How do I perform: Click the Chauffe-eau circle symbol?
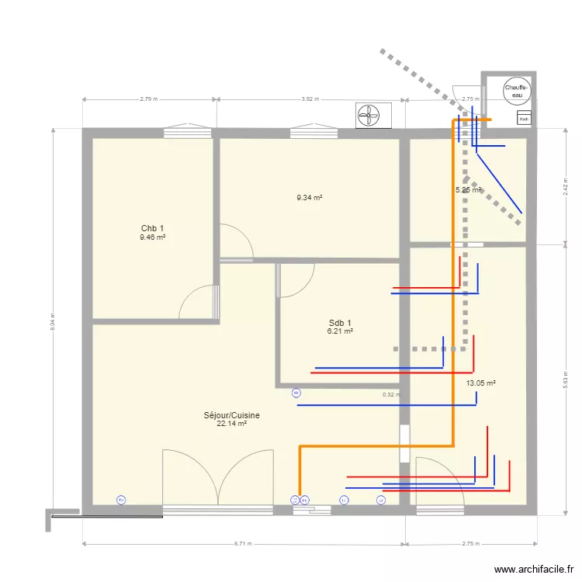click(x=516, y=92)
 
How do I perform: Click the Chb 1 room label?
click(x=152, y=228)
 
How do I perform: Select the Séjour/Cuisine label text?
click(x=232, y=415)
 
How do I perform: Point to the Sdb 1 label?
click(x=340, y=323)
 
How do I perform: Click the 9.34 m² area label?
click(x=309, y=198)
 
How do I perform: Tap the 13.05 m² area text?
click(x=480, y=383)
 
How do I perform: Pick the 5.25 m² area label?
click(x=468, y=189)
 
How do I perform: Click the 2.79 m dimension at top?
click(x=149, y=99)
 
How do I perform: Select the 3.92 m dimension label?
click(x=310, y=99)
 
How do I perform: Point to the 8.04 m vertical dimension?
click(x=53, y=320)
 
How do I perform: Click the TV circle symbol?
click(x=120, y=501)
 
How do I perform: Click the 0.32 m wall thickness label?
click(x=391, y=394)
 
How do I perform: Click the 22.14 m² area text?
click(x=232, y=424)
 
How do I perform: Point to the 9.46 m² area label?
click(x=152, y=237)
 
